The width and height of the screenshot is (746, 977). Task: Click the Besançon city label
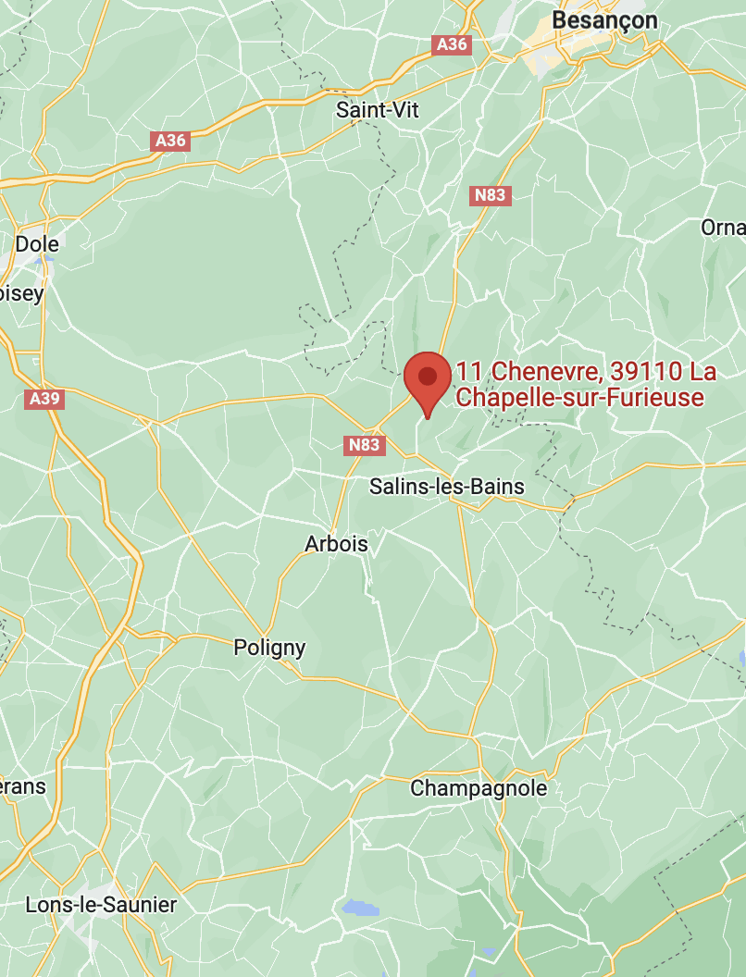point(604,20)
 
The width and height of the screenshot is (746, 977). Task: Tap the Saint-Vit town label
point(377,110)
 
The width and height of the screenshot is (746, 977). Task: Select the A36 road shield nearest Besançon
point(452,43)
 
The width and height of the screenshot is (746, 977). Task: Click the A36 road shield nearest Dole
point(170,141)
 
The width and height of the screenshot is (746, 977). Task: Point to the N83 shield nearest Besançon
point(491,195)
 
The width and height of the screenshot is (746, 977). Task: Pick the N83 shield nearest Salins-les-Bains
point(365,446)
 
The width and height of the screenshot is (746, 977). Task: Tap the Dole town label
point(37,244)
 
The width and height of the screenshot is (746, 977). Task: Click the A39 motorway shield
point(44,399)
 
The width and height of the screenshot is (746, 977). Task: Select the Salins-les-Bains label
point(446,487)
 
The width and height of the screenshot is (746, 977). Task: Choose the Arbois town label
point(336,544)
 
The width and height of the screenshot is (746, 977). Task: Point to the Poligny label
point(269,648)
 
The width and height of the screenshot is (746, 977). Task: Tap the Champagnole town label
point(479,788)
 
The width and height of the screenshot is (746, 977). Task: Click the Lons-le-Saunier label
point(101,904)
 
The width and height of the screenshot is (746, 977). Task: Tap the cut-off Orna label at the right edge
point(723,228)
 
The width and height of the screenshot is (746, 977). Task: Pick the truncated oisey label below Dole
point(21,293)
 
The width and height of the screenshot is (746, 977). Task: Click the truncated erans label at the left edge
point(22,786)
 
